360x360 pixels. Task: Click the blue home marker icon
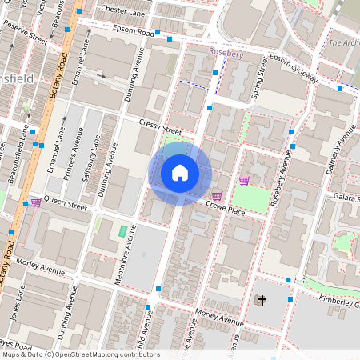coord(180,173)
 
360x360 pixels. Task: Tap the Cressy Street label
coord(160,126)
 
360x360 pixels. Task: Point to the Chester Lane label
coord(122,10)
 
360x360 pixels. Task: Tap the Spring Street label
coord(258,83)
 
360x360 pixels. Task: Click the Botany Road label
coord(61,77)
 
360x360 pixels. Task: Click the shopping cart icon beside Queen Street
coord(36,202)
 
